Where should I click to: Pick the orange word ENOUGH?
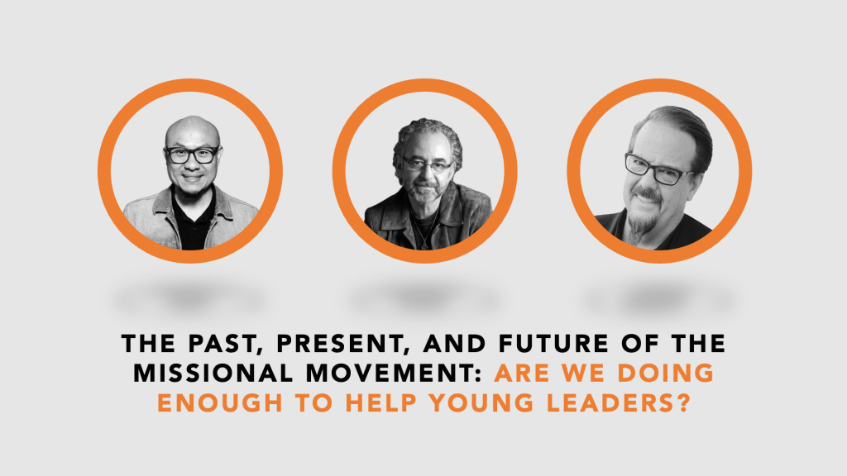[x=220, y=403]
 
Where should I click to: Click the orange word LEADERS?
[x=612, y=403]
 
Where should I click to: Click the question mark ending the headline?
[x=684, y=403]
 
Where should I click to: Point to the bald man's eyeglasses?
[x=192, y=155]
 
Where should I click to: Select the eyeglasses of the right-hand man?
[x=655, y=169]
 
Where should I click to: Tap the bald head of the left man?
[x=192, y=130]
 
